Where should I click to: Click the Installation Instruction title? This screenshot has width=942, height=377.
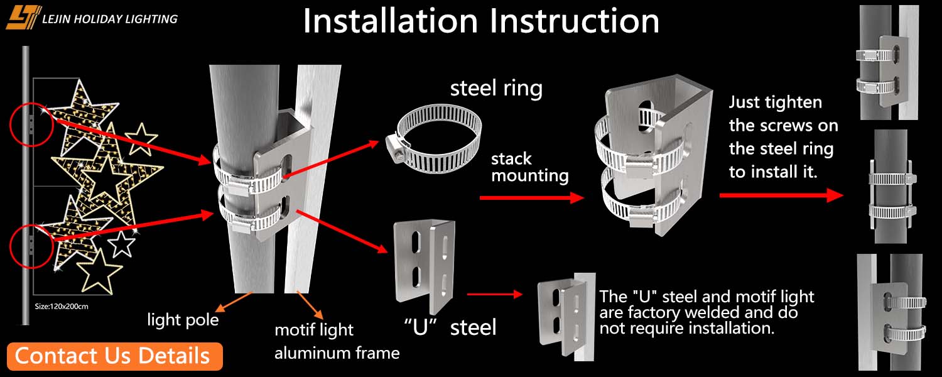[x=481, y=21]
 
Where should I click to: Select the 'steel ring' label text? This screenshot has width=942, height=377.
[x=496, y=88]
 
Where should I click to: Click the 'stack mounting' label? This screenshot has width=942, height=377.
[x=529, y=167]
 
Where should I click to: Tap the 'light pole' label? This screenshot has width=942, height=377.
[x=183, y=320]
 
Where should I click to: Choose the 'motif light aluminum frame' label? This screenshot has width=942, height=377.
[x=337, y=341]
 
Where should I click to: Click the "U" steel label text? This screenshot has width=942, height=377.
[x=450, y=327]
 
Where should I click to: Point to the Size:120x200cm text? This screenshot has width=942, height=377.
[x=62, y=307]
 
